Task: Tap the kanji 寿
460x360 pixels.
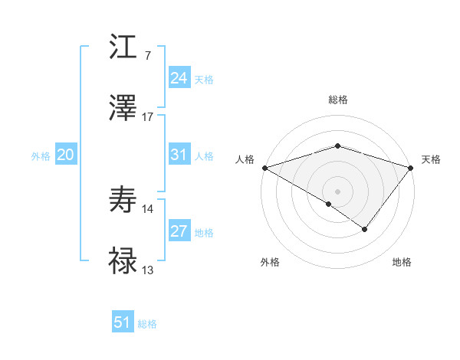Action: (123, 200)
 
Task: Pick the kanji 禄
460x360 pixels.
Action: (123, 261)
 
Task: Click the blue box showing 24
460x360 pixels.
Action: (179, 78)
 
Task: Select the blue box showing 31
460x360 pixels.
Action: (179, 155)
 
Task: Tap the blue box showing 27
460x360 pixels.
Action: (179, 231)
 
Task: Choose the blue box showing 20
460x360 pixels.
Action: (65, 155)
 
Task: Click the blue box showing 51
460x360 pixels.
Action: (122, 322)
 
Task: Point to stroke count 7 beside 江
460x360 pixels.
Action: (147, 55)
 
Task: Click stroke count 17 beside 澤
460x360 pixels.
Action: (148, 116)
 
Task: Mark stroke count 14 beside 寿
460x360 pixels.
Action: (148, 208)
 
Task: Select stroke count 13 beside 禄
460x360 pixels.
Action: (148, 270)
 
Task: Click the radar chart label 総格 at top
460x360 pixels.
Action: (338, 100)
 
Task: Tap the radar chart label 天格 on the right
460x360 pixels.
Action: (431, 159)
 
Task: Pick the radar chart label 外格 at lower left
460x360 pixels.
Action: (270, 263)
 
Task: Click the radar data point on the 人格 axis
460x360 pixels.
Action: (264, 167)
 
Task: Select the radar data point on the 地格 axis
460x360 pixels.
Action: (365, 228)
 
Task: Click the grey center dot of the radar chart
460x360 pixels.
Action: (338, 191)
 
